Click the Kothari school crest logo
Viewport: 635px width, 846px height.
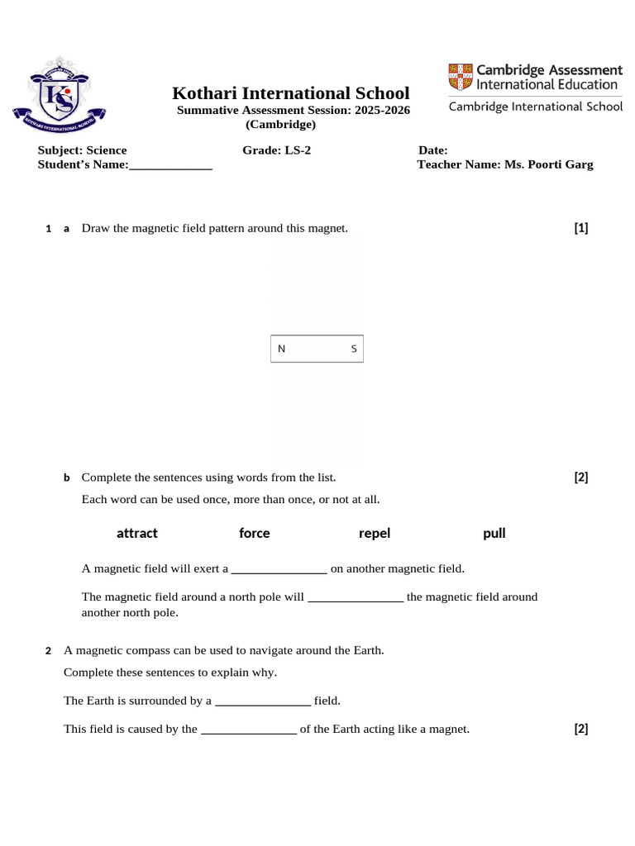coord(59,95)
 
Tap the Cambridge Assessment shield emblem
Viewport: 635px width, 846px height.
coord(461,76)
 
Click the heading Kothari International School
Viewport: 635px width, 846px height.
coord(290,93)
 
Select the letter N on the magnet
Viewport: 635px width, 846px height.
coord(281,349)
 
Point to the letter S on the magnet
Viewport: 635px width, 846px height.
coord(354,349)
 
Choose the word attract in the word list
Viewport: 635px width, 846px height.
coord(137,533)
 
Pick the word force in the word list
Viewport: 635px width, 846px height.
coord(255,533)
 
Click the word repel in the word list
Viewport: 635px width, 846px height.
coord(375,533)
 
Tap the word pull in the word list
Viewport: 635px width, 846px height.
coord(494,533)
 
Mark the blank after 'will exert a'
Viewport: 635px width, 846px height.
coord(279,570)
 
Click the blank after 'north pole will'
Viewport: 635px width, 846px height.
coord(356,598)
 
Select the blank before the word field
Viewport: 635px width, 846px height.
coord(263,702)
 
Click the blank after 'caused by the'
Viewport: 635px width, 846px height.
coord(249,730)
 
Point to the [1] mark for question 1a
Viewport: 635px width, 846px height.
coord(581,228)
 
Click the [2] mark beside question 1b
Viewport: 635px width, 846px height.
coord(581,477)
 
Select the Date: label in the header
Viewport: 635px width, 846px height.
coord(433,150)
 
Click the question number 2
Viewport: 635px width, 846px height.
coord(49,651)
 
